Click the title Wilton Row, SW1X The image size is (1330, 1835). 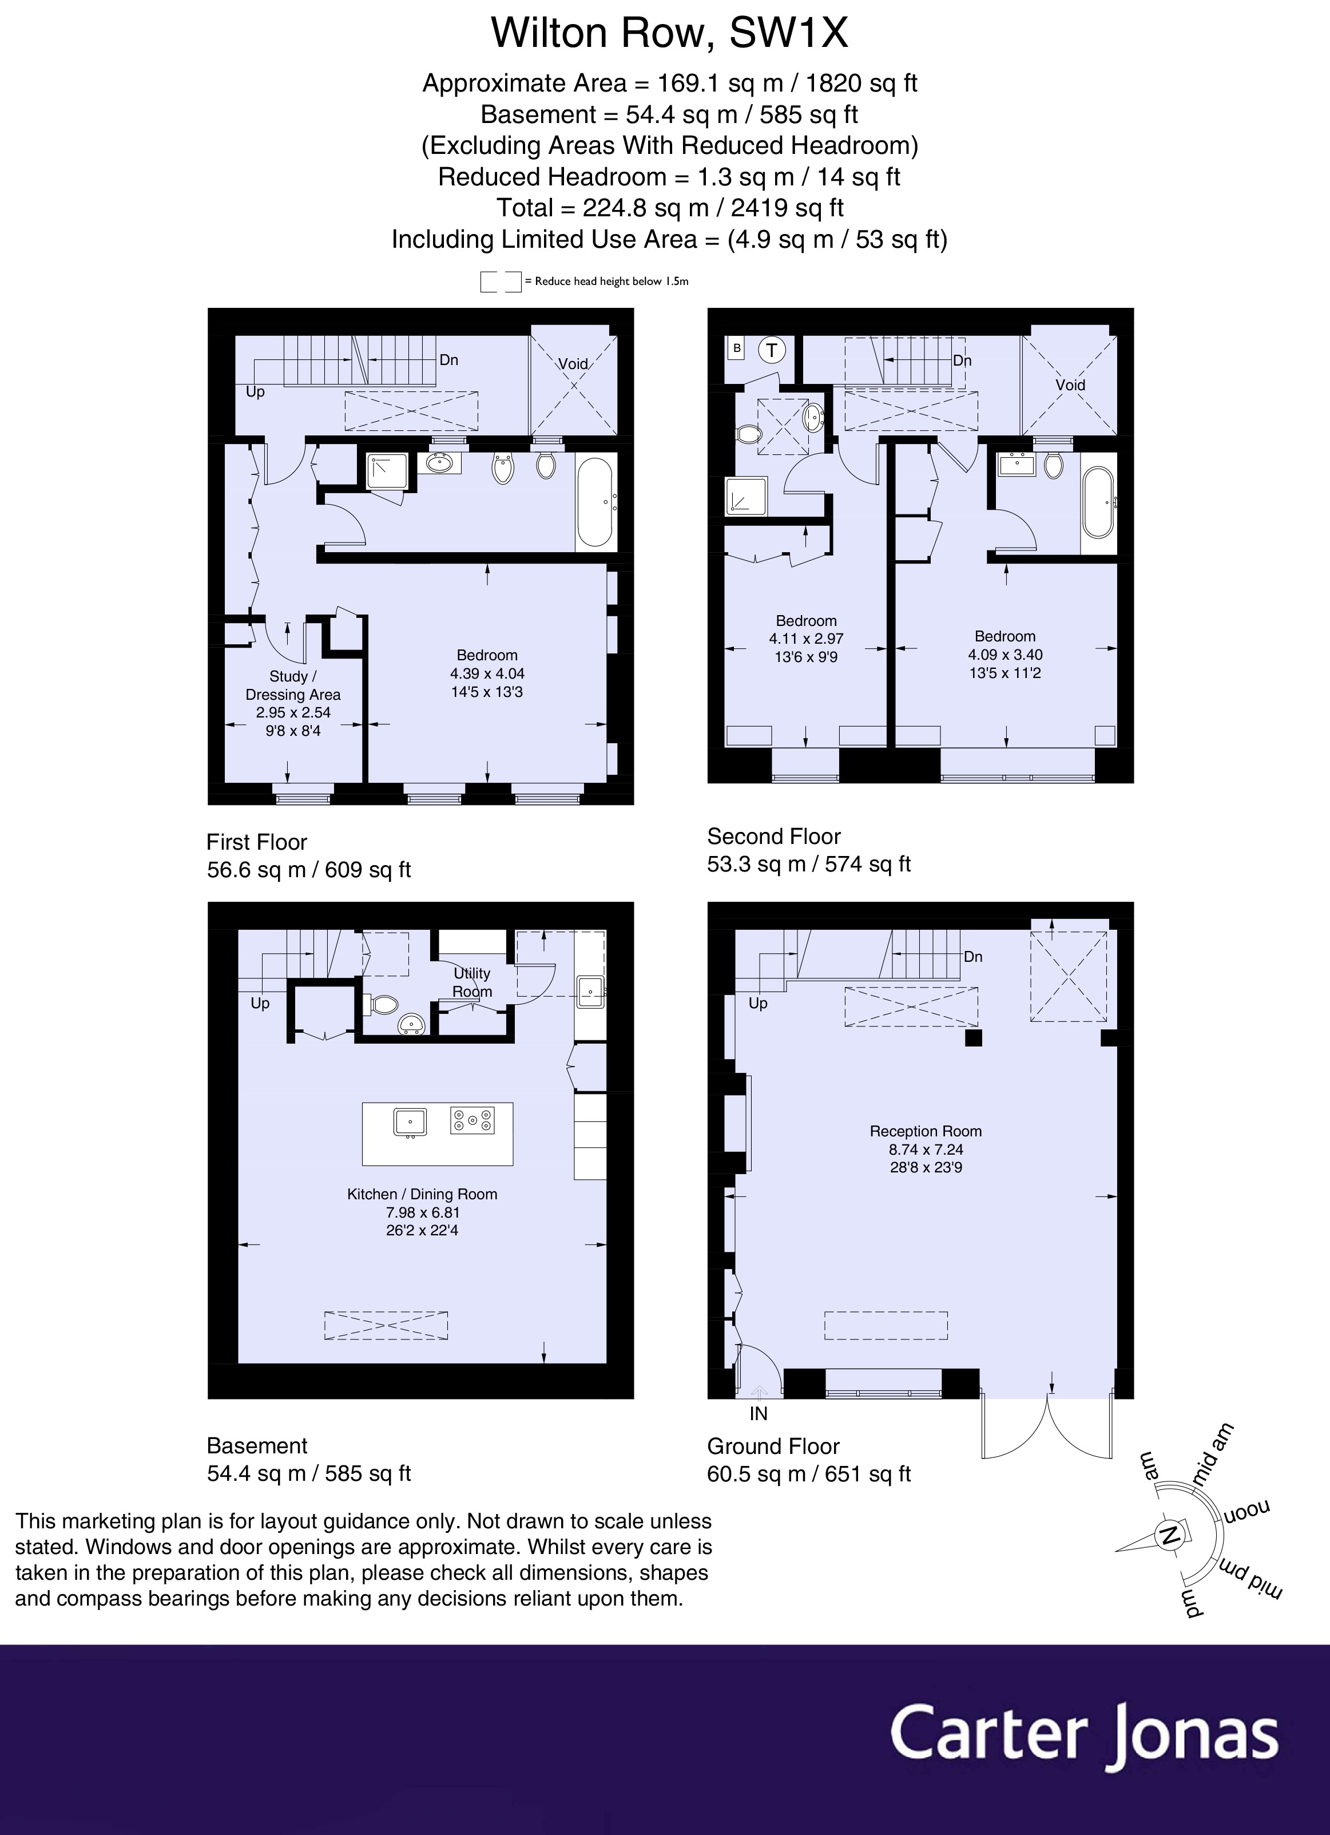coord(669,33)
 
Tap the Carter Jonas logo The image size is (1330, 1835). coord(1084,1733)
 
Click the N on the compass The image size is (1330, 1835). coord(1168,1535)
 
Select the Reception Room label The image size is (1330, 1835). coord(926,1131)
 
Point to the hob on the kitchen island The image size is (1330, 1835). coord(471,1120)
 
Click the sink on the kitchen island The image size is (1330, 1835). coord(410,1122)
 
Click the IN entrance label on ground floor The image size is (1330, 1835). coord(758,1413)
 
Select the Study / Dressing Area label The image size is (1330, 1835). coord(293,685)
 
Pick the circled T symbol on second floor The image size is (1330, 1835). coord(772,350)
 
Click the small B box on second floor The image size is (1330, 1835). coord(736,348)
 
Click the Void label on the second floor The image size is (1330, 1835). coord(1070,385)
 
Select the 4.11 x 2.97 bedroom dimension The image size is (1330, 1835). coord(806,639)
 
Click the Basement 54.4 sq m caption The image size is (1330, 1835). coord(308,1460)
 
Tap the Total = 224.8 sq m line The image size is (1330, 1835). coord(669,208)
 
